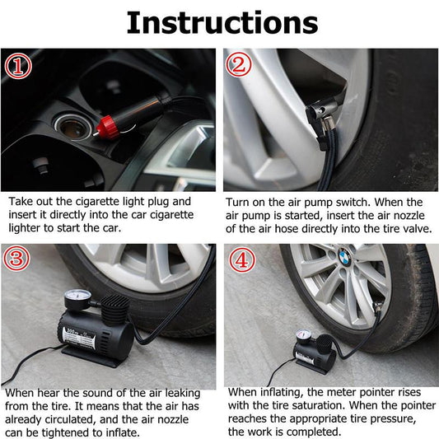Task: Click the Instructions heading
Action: pos(221,22)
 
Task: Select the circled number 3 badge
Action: pos(16,259)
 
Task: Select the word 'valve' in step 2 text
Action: pos(414,228)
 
